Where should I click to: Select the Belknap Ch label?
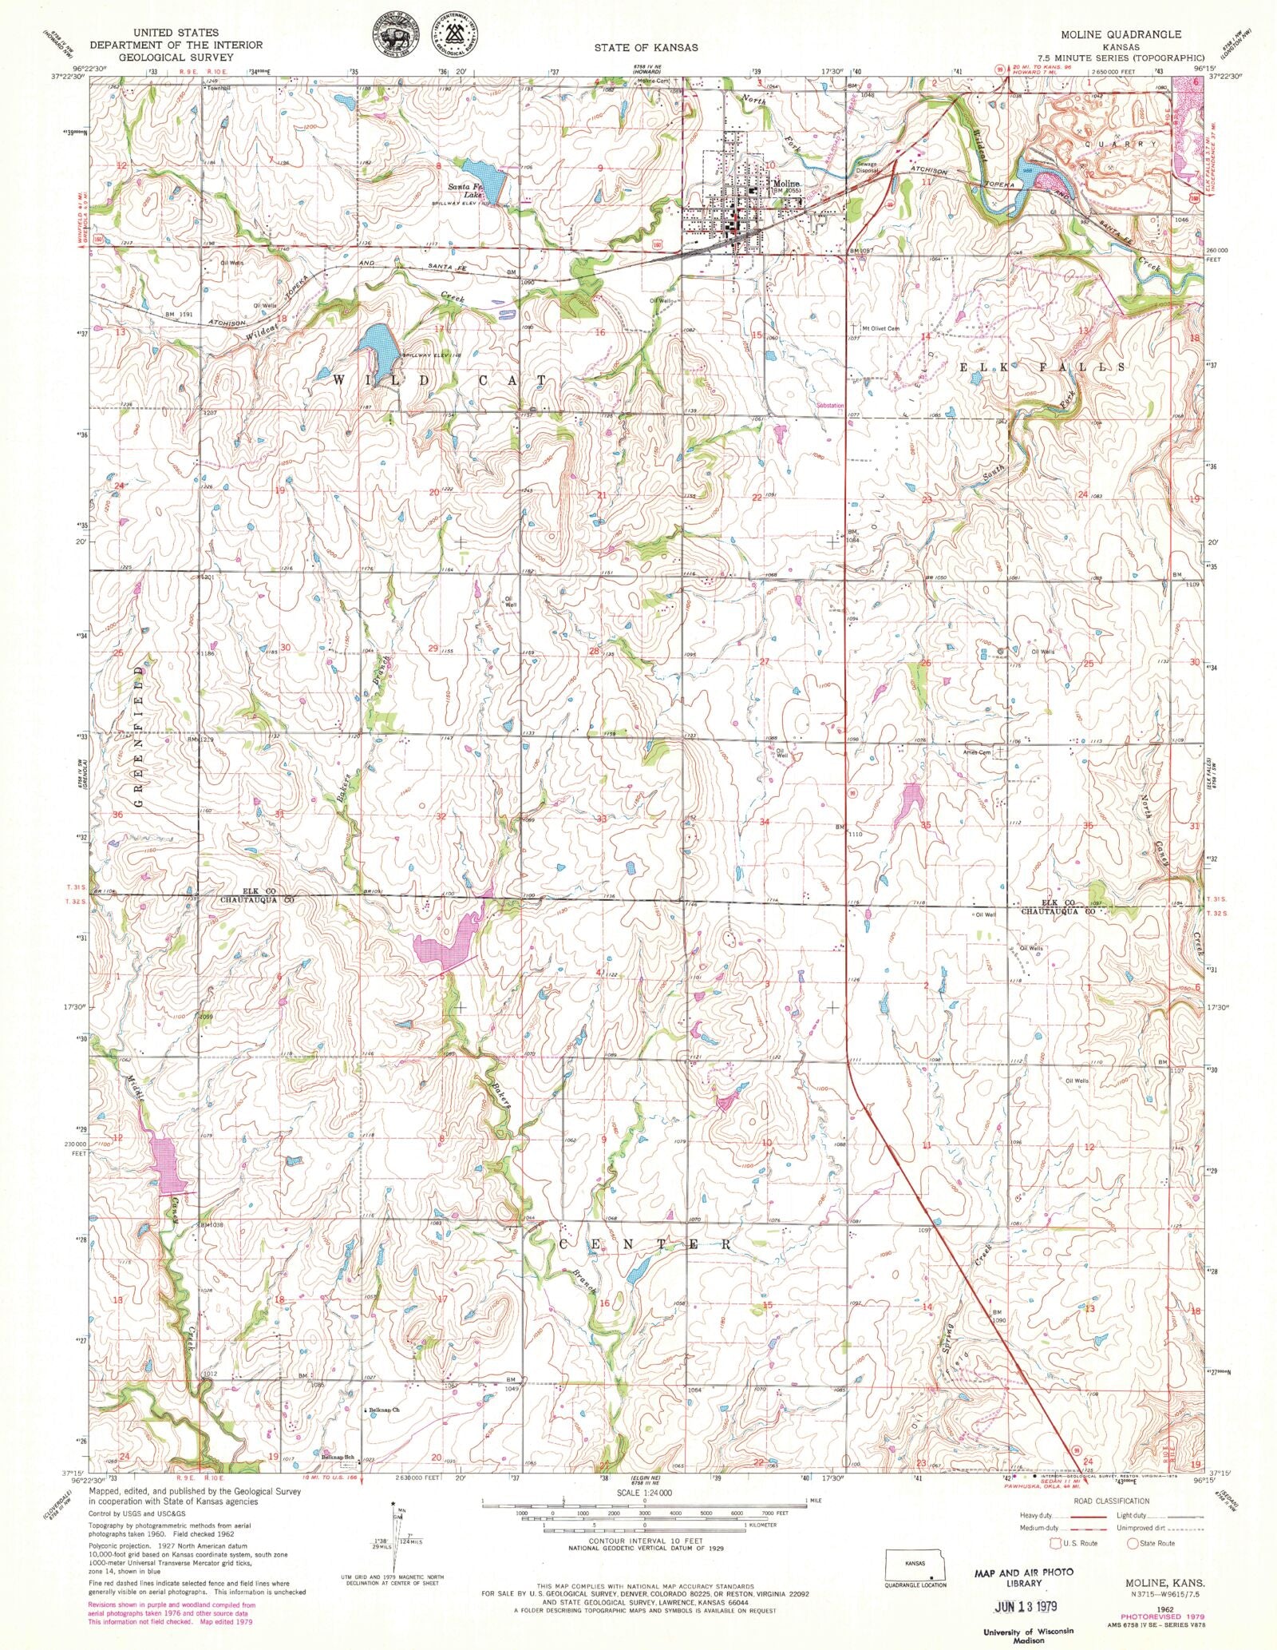click(384, 1410)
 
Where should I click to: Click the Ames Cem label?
click(977, 752)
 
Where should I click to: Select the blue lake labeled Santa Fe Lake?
click(485, 180)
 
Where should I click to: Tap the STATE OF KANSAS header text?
click(646, 47)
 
